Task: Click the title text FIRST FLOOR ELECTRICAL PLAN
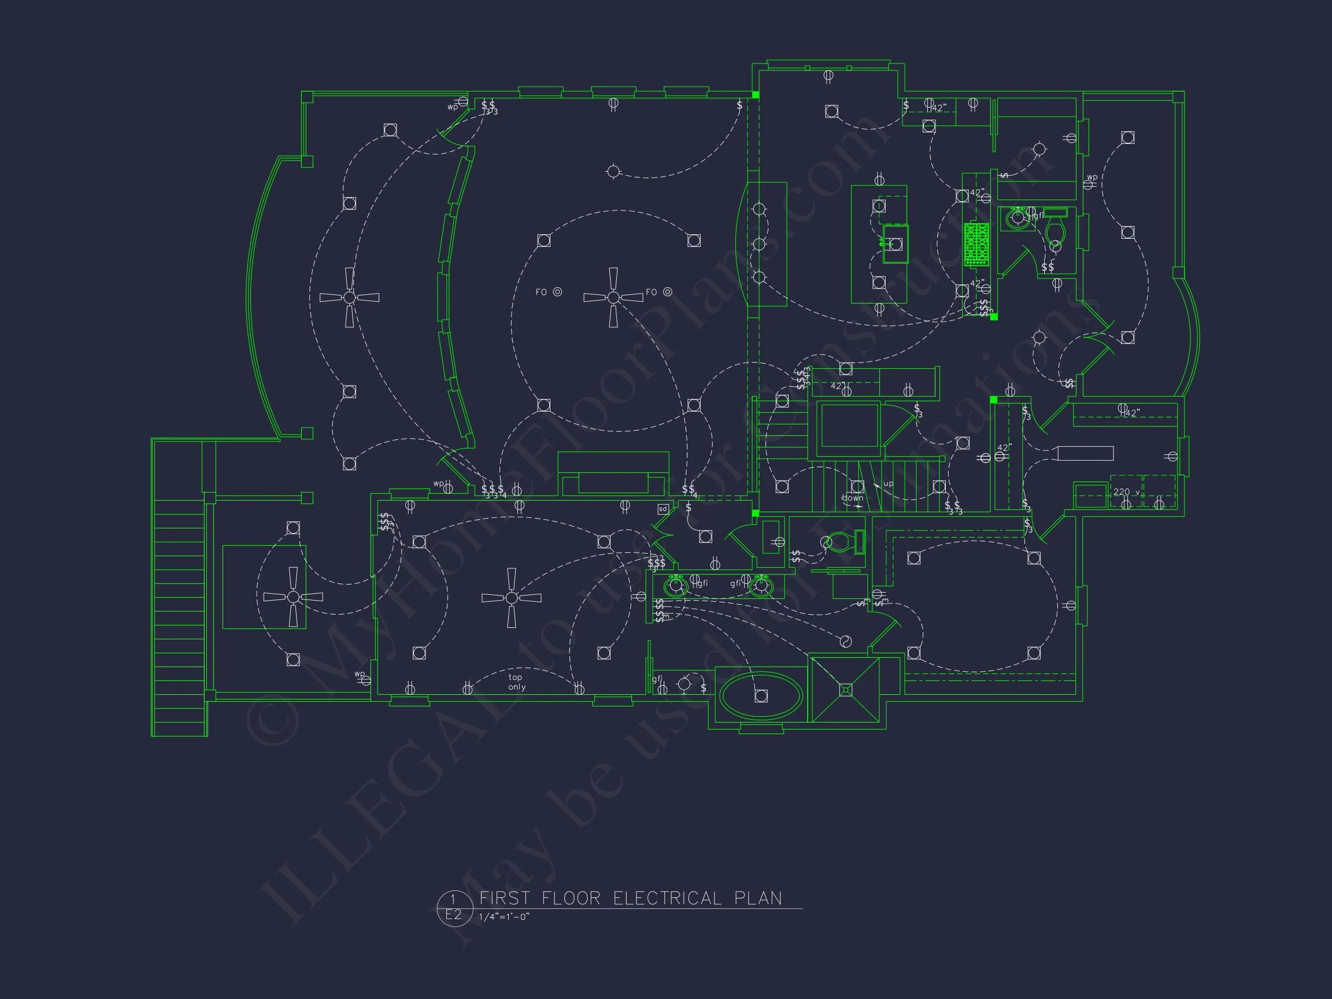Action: [x=631, y=898]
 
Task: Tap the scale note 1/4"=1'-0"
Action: [x=505, y=917]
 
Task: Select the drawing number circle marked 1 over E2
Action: [x=453, y=908]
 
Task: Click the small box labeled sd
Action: [x=663, y=509]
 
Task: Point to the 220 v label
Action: [x=1126, y=492]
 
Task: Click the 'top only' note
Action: [x=516, y=682]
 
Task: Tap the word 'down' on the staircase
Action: [x=853, y=498]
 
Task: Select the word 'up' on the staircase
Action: [x=888, y=483]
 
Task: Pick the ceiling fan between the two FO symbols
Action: [x=613, y=298]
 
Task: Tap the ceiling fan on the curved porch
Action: [x=349, y=298]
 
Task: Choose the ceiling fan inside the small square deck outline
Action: [x=293, y=597]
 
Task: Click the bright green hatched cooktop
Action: [x=976, y=244]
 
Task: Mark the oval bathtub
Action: [x=761, y=696]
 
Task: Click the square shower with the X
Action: [x=845, y=690]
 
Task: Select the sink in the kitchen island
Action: [x=895, y=243]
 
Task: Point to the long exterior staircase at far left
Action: [x=179, y=608]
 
